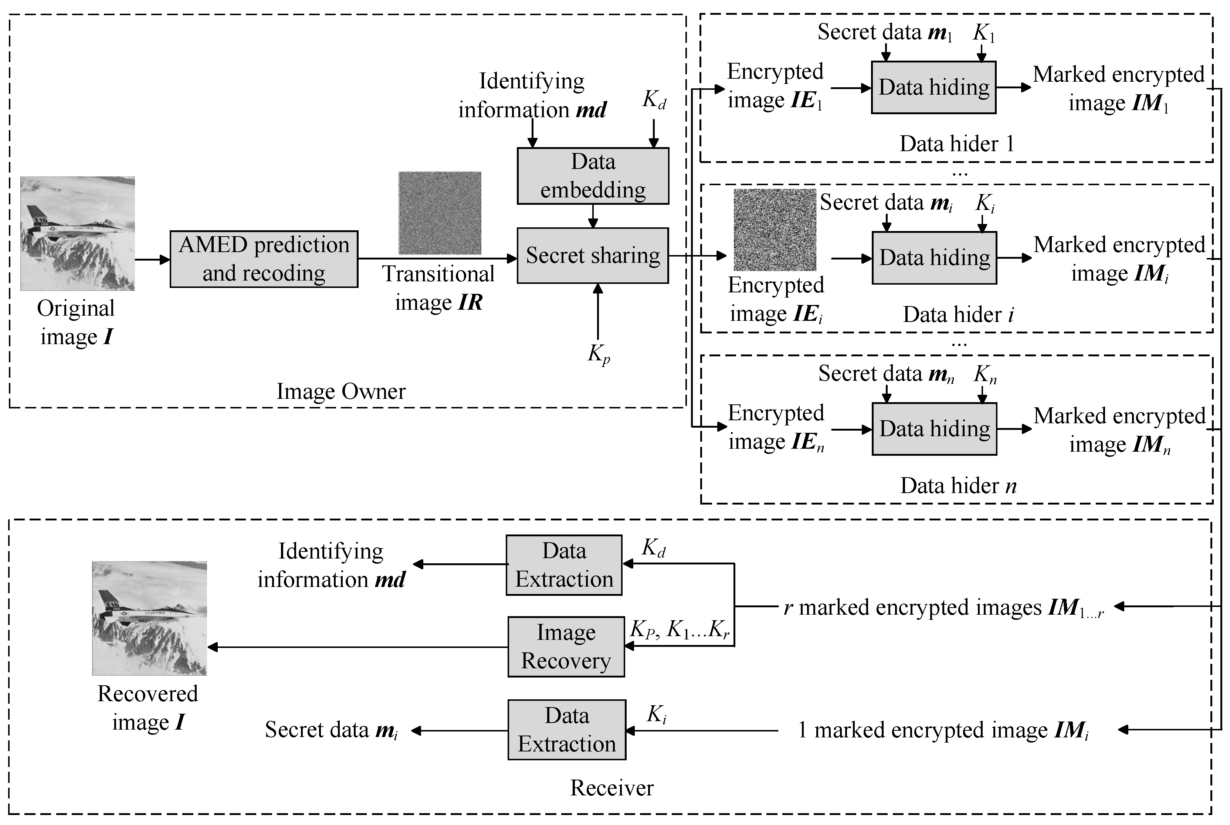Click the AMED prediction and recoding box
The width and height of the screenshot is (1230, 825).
(x=264, y=259)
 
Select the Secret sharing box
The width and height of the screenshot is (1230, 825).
(x=593, y=256)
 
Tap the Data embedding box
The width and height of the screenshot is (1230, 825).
(x=593, y=176)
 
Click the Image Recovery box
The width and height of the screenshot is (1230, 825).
(x=566, y=646)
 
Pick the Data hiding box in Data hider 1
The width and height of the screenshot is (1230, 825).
(x=933, y=87)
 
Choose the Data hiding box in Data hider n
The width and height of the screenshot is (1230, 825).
(x=934, y=429)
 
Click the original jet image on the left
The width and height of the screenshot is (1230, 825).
(x=77, y=233)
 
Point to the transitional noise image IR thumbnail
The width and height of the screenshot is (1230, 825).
(x=440, y=213)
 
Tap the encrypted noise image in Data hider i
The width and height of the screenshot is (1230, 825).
(x=775, y=230)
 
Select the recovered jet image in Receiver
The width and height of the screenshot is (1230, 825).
(x=149, y=618)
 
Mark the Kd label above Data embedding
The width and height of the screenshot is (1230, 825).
(x=654, y=99)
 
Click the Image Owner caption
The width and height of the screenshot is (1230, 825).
(x=341, y=391)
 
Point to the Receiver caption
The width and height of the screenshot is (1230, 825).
(x=611, y=788)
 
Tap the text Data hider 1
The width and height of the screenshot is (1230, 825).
(x=956, y=144)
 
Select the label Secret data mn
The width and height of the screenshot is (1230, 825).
(x=886, y=374)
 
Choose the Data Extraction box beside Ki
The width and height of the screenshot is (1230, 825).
(x=566, y=730)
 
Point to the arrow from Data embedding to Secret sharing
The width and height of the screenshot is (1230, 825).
(x=593, y=216)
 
